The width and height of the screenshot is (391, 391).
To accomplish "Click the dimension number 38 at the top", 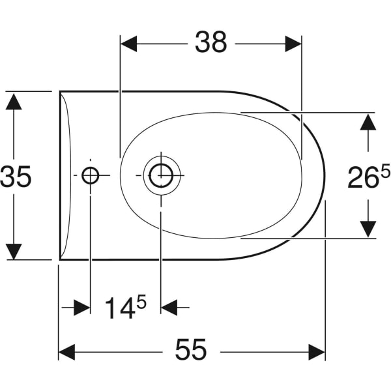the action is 211,42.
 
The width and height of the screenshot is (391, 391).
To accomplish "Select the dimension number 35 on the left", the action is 16,177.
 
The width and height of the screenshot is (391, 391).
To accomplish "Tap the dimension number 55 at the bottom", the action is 191,349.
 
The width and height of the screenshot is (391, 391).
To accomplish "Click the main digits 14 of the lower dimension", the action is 121,308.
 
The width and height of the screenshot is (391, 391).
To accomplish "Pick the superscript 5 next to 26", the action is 385,171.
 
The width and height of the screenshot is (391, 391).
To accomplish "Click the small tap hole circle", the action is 91,175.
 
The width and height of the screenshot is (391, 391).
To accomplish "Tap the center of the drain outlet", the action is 161,175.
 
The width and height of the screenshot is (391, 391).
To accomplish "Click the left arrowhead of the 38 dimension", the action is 129,44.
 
